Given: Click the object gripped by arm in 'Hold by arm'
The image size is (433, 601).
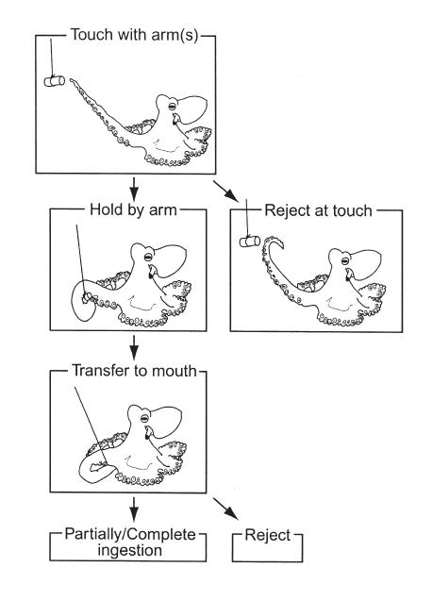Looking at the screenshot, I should click(87, 297).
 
